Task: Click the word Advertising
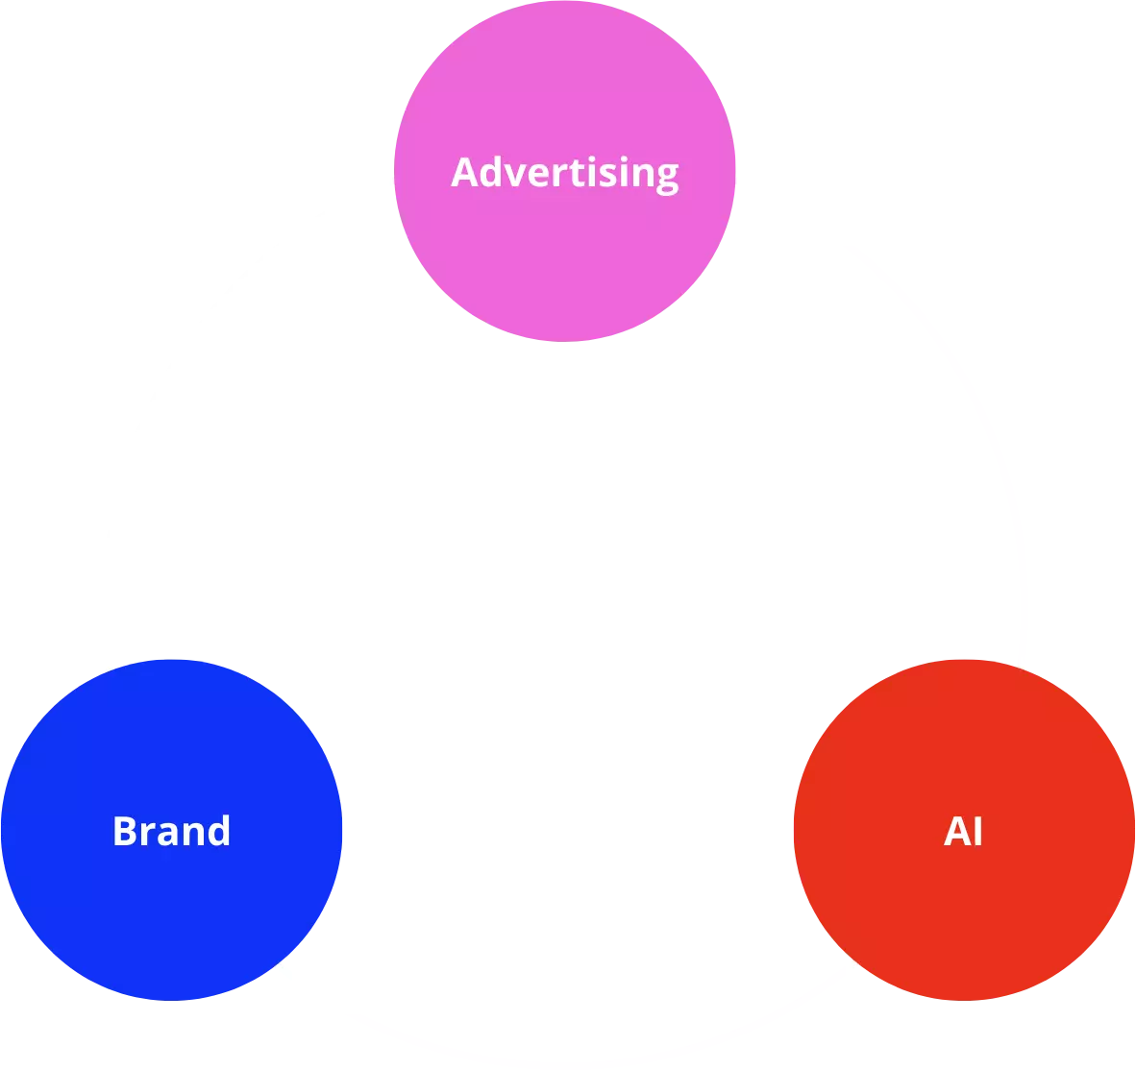[565, 173]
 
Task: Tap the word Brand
[171, 831]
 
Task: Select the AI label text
[963, 831]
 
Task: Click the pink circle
[565, 259]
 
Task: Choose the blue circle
[171, 912]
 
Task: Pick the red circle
[963, 912]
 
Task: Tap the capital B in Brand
[124, 831]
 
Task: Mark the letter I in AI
[977, 831]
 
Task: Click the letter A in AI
[955, 831]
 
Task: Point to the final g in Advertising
[666, 177]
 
